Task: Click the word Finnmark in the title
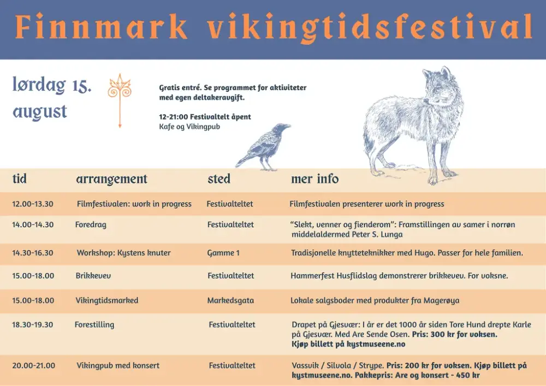coord(102,27)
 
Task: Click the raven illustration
coord(263,146)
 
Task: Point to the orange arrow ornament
coord(120,100)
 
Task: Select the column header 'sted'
coord(219,179)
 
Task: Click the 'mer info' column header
coord(315,179)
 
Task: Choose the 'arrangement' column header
coord(112,180)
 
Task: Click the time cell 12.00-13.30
coord(33,204)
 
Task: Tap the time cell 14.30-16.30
coord(33,253)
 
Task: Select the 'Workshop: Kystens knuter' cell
coord(123,253)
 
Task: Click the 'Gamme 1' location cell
coord(223,253)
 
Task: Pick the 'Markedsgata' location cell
coord(230,300)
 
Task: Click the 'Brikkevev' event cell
coord(93,276)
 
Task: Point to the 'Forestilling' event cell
coord(94,325)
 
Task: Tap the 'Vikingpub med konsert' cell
coord(118,365)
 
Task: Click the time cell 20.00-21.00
coord(33,365)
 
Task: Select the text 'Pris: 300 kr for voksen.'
coord(455,335)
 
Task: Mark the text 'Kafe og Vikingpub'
coord(189,127)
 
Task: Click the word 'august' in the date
coord(40,112)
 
